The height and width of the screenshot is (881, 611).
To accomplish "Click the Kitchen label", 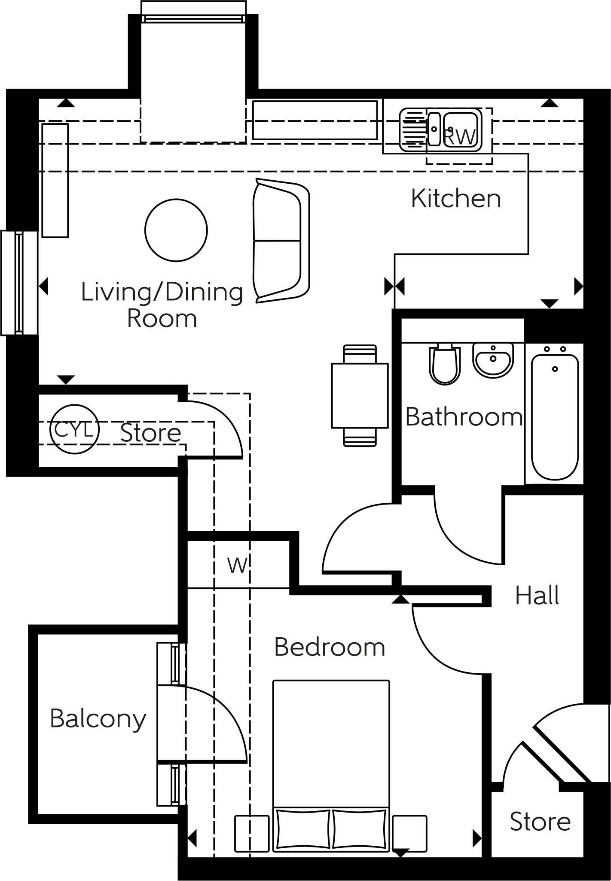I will point(456,199).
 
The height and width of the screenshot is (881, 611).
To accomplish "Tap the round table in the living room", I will point(176,230).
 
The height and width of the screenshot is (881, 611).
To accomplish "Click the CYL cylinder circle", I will point(74,429).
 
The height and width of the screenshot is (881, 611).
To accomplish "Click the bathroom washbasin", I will point(493,360).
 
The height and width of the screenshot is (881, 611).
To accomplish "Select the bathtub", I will point(555,417).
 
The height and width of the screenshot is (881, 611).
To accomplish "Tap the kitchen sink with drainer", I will point(440,129).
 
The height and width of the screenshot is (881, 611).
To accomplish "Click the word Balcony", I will point(98,719).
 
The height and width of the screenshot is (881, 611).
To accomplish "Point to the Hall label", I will point(537,596).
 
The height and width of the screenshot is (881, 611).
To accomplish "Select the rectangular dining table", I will point(360,396).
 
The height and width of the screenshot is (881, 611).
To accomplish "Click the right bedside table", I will point(409,833).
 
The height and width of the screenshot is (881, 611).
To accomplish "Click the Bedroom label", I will point(330,647).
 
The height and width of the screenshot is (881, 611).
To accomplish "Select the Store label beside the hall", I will point(540,822).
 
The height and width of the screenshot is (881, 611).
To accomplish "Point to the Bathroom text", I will point(464,417).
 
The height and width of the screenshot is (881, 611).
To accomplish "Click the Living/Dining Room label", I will point(162,305).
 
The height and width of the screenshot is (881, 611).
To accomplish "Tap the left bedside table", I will point(252,833).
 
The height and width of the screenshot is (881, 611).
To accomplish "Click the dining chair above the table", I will point(360,354).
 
